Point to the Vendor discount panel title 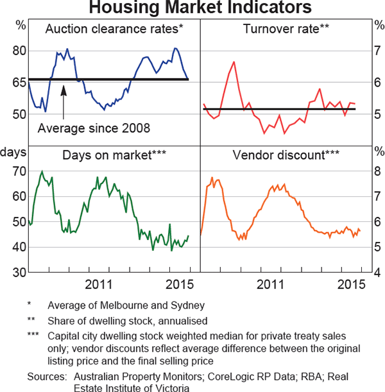click(286, 155)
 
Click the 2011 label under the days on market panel click(99, 284)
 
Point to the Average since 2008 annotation click(94, 128)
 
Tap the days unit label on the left click(13, 152)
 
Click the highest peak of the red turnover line click(234, 62)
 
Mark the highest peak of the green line click(42, 172)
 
